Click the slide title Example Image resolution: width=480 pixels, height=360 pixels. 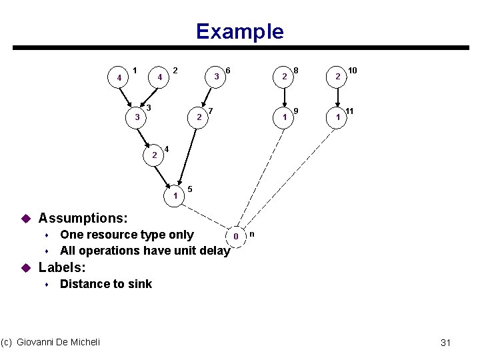239,31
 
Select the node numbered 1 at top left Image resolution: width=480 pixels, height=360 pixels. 119,78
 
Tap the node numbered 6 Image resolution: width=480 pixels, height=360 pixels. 217,77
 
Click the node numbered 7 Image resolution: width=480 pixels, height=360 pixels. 198,118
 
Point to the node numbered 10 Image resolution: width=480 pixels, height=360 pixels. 338,77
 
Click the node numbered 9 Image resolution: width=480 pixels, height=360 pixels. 285,117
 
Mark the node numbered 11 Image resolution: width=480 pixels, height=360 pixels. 338,117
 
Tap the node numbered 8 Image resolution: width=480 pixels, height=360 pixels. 285,77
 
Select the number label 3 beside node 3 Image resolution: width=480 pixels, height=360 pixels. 149,107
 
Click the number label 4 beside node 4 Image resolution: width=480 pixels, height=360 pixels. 167,148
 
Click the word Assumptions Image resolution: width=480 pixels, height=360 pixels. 83,218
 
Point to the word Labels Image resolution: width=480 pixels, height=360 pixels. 62,268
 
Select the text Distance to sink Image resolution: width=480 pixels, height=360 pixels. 106,284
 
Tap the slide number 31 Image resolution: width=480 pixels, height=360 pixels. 446,343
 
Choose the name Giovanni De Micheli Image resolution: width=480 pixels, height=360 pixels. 58,342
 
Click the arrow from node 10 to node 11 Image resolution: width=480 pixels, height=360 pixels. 338,97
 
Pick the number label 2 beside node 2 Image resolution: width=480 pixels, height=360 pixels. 175,69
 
